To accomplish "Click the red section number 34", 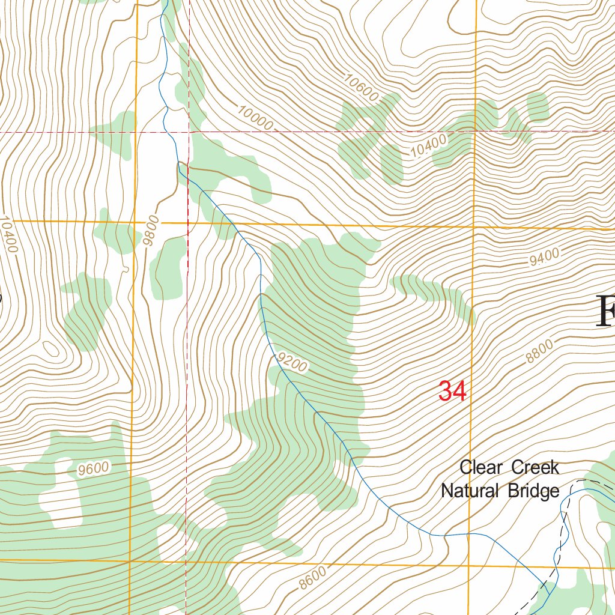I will pos(452,392).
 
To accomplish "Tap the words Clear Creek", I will pos(509,467).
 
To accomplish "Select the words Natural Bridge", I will pos(500,491).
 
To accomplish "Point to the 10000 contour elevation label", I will pos(255,118).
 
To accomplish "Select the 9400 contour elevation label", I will pos(545,258).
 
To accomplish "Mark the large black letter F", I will pos(605,311).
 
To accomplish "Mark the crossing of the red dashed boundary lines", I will pos(189,132).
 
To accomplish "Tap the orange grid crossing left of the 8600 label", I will pos(129,562).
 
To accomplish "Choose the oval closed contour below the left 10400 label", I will pos(50,348).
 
